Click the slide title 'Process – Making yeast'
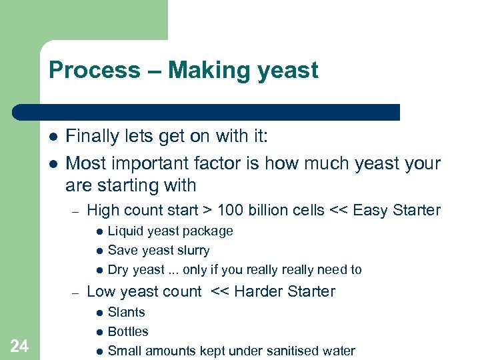(183, 70)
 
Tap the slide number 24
(20, 345)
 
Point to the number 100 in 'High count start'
(231, 211)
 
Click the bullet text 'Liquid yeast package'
(170, 231)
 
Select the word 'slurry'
(193, 251)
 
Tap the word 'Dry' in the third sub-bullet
(118, 270)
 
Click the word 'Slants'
(126, 312)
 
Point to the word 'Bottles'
(128, 331)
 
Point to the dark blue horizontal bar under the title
(207, 112)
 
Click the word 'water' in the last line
(337, 351)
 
